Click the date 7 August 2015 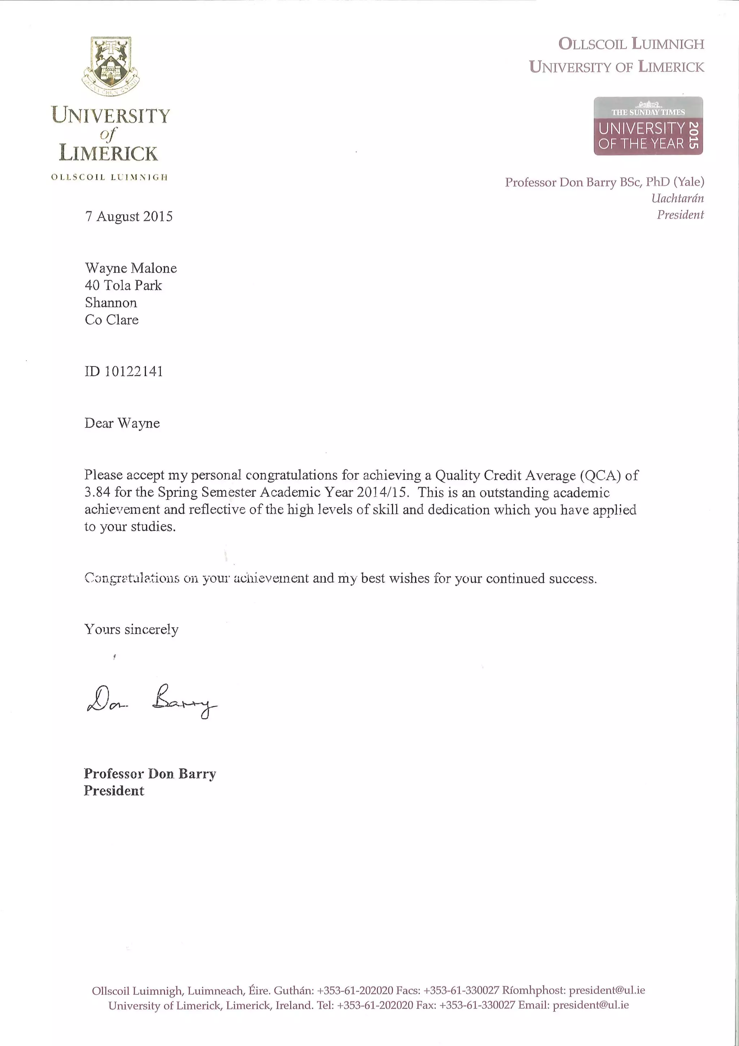129,216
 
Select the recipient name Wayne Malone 131,268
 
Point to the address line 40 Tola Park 123,286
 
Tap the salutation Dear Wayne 122,423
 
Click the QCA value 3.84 97,492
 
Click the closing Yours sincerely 131,630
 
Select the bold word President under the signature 114,791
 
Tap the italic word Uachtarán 677,199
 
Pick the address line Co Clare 111,320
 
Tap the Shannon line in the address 111,303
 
